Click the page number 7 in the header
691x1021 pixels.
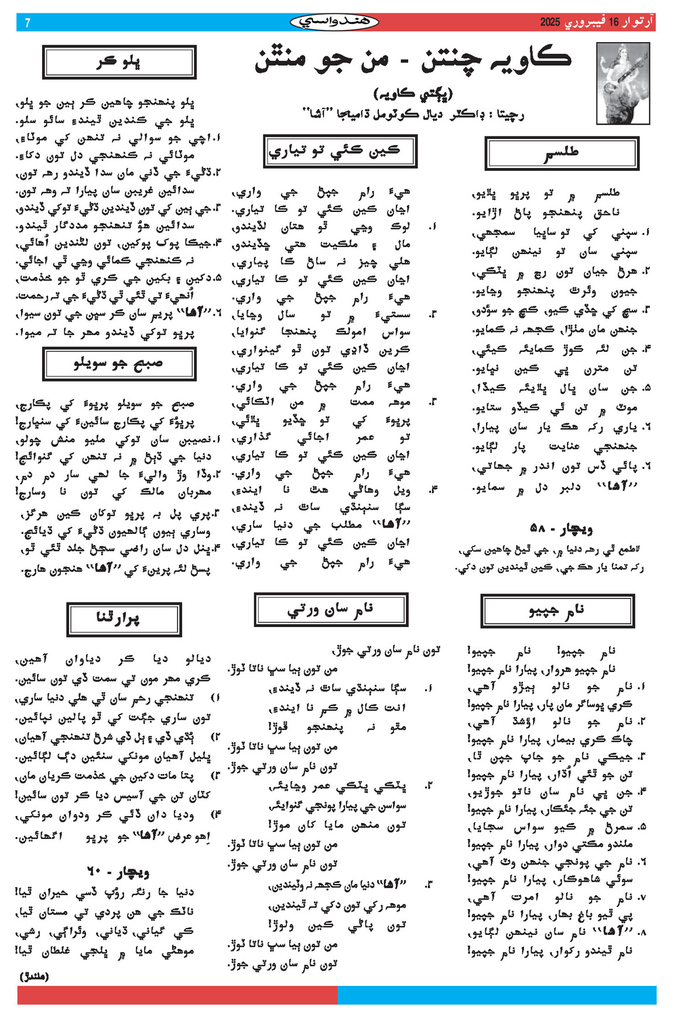[x=27, y=23]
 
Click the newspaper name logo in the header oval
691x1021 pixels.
[x=334, y=22]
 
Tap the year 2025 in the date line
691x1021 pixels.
[x=550, y=23]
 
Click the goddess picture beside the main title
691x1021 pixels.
[x=622, y=83]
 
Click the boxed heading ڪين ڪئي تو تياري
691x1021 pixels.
[x=340, y=151]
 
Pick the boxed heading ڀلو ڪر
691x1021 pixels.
[x=119, y=62]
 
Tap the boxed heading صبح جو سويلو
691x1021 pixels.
[x=119, y=364]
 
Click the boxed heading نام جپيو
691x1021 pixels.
[x=557, y=611]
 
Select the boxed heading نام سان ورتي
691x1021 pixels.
[x=331, y=609]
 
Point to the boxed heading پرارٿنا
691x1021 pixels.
[x=124, y=619]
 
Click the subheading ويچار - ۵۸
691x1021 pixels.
[x=561, y=529]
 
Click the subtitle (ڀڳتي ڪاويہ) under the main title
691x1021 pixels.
[x=413, y=93]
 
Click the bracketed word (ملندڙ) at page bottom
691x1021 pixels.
[x=35, y=976]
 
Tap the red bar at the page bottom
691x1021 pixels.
[x=177, y=995]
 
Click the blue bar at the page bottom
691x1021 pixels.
[x=497, y=995]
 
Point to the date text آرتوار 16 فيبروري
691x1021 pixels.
[x=608, y=23]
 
